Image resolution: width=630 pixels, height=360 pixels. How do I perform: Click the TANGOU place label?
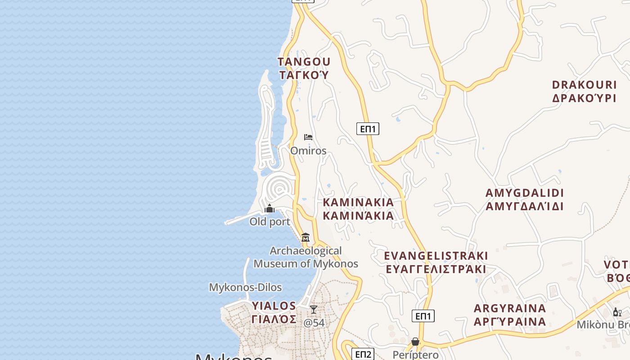tap(304, 62)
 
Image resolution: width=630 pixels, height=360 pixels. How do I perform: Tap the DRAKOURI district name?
tap(584, 85)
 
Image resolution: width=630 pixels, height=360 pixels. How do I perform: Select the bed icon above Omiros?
tap(308, 137)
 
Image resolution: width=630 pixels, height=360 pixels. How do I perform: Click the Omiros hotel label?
tap(308, 151)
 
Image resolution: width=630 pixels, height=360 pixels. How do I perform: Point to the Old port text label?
tap(270, 222)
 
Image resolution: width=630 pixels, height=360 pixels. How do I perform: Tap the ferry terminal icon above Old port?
tap(270, 208)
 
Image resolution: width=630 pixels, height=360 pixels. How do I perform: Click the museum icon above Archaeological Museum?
tap(306, 237)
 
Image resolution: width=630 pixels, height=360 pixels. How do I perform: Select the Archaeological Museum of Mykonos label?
tap(306, 257)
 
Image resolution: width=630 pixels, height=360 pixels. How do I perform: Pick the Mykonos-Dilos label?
tap(245, 287)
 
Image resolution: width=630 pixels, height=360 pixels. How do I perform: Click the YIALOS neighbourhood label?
tap(274, 306)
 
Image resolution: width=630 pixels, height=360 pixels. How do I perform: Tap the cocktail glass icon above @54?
tap(314, 310)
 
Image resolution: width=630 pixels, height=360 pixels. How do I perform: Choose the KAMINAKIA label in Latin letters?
tap(358, 202)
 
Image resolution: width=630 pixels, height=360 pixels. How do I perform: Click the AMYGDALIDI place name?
tap(524, 193)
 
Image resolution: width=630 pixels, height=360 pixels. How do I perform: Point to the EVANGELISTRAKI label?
tap(436, 256)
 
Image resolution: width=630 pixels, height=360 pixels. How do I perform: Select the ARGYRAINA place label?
tap(510, 309)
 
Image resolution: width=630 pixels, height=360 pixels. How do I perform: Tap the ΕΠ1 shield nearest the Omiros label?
tap(368, 129)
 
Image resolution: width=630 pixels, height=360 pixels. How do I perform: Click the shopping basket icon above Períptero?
tap(415, 342)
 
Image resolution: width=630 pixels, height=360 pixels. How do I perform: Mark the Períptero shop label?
tap(415, 355)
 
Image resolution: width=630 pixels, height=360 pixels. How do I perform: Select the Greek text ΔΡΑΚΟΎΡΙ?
tap(584, 98)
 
